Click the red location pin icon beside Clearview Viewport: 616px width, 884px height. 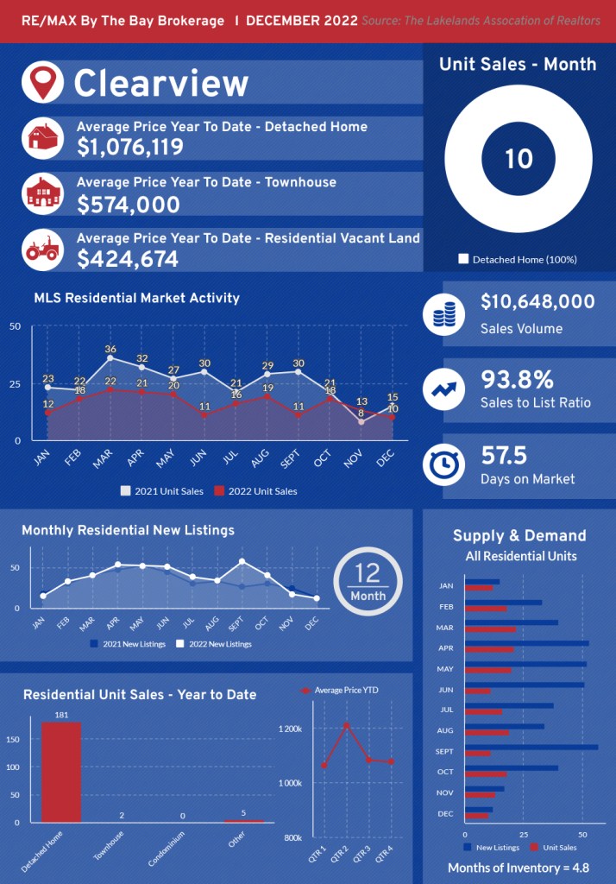coord(42,81)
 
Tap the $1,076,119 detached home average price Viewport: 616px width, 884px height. coord(130,148)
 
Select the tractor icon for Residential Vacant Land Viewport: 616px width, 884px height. coord(42,249)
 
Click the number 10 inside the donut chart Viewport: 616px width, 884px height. coord(519,159)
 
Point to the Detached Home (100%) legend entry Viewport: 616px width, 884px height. coord(518,259)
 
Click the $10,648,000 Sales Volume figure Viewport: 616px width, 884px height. coord(537,302)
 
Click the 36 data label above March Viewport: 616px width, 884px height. coord(110,350)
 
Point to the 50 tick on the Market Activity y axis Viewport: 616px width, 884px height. coord(15,326)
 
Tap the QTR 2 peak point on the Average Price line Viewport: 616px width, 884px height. coord(347,725)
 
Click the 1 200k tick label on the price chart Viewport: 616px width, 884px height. coord(290,729)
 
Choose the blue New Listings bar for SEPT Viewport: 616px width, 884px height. coord(531,747)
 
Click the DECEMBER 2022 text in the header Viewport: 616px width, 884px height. coord(302,21)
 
